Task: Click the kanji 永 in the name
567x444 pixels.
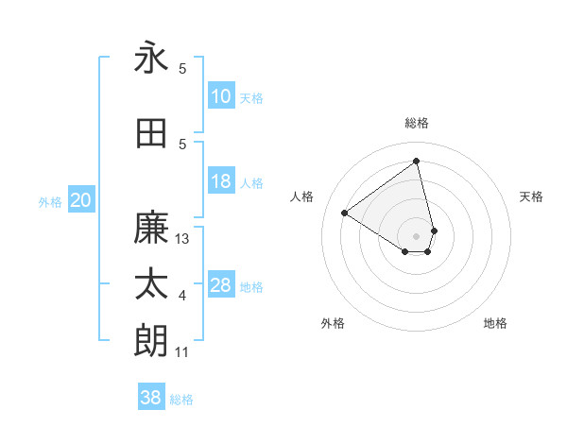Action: click(x=151, y=58)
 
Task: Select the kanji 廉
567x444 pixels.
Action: click(x=151, y=228)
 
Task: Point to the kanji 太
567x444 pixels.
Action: click(x=151, y=284)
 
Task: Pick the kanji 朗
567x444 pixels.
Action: click(x=151, y=341)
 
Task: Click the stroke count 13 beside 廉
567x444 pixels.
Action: click(x=183, y=239)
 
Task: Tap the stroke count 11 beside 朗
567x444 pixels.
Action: click(x=182, y=352)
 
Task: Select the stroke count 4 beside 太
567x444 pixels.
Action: click(x=182, y=296)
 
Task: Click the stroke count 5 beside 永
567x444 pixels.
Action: click(x=182, y=69)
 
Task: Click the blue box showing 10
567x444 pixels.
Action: click(x=221, y=96)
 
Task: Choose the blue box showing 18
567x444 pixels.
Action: click(x=221, y=181)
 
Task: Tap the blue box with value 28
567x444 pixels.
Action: click(x=221, y=285)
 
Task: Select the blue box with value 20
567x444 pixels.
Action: click(x=81, y=199)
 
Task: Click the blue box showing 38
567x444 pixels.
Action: click(x=151, y=398)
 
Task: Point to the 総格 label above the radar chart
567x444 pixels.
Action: click(x=417, y=123)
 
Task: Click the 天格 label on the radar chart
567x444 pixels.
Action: click(x=531, y=196)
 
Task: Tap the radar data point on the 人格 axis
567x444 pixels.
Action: click(x=345, y=213)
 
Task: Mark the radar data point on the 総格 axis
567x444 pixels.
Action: click(x=417, y=162)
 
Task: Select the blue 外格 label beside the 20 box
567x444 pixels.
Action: click(x=50, y=201)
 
